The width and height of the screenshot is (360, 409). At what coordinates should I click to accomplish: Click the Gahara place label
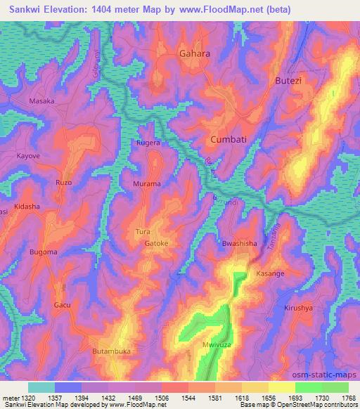[x=195, y=53]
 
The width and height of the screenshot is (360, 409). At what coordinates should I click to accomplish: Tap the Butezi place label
[x=287, y=82]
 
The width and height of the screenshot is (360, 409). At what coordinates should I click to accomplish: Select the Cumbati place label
[x=229, y=140]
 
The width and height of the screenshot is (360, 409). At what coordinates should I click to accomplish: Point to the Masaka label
[x=41, y=101]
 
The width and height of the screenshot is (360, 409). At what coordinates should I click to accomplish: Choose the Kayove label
[x=29, y=155]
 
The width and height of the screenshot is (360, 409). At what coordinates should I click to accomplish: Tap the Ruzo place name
[x=64, y=183]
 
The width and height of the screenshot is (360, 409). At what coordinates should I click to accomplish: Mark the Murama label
[x=147, y=183]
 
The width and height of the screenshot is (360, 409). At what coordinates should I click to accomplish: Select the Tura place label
[x=142, y=231]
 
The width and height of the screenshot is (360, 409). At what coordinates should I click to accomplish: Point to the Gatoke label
[x=158, y=244]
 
